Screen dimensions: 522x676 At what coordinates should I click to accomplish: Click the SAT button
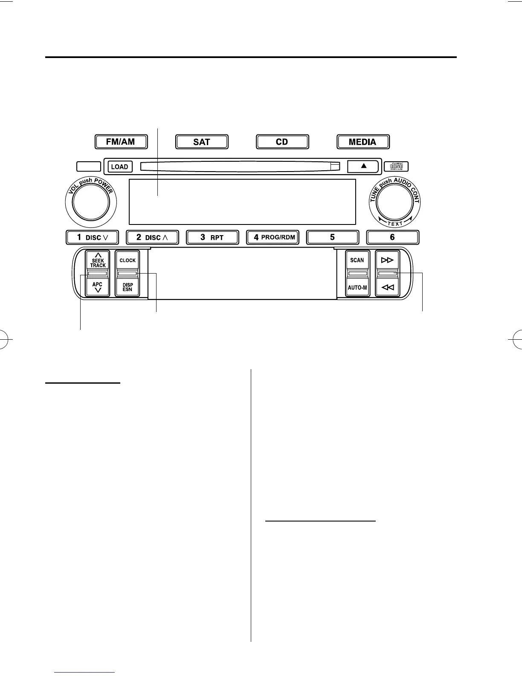(202, 142)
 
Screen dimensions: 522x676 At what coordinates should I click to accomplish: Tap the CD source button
(282, 142)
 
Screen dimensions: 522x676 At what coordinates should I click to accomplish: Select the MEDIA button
(363, 142)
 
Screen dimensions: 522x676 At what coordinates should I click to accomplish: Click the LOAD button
(119, 166)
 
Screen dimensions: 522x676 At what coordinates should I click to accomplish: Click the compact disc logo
(396, 166)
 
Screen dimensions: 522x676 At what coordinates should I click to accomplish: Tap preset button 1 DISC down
(92, 237)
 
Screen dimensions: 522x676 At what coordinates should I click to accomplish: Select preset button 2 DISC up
(152, 237)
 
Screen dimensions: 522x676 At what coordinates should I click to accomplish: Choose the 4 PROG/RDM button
(273, 237)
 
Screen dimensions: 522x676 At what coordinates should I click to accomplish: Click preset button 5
(333, 237)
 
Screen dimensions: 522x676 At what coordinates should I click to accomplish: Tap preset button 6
(393, 237)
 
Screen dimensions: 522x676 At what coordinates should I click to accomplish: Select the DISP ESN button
(128, 287)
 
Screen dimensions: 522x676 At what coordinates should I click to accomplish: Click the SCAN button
(357, 260)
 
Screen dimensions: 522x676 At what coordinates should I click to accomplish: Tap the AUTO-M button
(357, 287)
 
